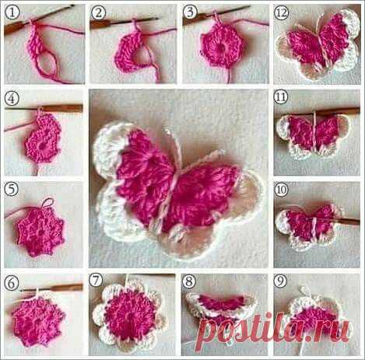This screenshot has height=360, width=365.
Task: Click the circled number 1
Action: (12, 12)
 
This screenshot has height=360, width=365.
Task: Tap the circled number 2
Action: (99, 12)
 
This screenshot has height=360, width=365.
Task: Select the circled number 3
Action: (191, 12)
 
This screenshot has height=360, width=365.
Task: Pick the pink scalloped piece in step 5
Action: (40, 231)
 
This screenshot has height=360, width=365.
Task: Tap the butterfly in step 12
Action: (318, 44)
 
